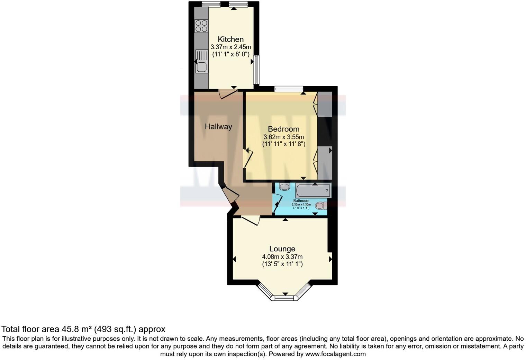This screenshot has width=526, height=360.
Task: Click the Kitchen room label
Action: [x=230, y=39]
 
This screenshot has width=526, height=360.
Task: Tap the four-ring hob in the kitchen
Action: [x=201, y=26]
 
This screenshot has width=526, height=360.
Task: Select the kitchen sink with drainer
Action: [x=201, y=61]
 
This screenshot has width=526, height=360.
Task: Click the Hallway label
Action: [x=218, y=127]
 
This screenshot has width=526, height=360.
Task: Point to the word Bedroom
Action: [x=283, y=129]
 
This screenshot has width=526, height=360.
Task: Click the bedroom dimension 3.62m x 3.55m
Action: [x=284, y=137]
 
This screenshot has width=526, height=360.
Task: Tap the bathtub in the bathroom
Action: [x=313, y=191]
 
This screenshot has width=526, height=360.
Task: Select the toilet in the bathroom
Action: [x=321, y=206]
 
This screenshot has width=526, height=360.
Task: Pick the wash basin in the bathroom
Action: [x=284, y=187]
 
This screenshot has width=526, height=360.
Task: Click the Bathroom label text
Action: [x=301, y=201]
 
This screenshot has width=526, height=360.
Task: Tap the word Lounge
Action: [x=282, y=249]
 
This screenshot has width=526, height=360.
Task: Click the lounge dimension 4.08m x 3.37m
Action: [x=282, y=257]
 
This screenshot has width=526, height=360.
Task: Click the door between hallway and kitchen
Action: [x=228, y=93]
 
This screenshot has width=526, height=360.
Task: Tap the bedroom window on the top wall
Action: [x=289, y=89]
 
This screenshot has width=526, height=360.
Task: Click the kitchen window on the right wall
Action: [x=256, y=70]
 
